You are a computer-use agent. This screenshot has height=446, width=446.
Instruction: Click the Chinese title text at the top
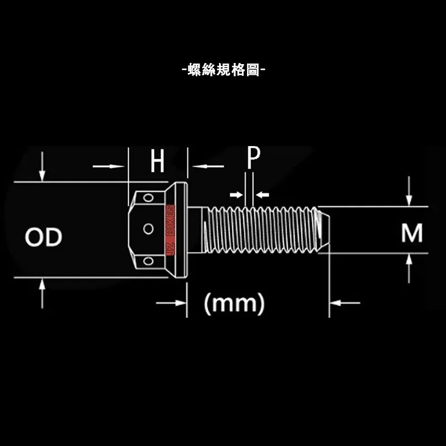coord(224,70)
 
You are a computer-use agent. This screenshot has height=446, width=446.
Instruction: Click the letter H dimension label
coord(157,161)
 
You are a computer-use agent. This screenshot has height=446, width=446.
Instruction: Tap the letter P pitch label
coord(254,157)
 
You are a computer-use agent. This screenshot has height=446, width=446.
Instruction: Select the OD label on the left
coord(43,237)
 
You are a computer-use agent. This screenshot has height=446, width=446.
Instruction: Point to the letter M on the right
coord(412,233)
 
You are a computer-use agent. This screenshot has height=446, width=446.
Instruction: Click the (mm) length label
coord(234,304)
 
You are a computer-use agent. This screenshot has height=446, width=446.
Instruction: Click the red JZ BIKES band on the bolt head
coord(171,230)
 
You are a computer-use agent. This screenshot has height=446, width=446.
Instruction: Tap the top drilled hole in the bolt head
coord(148,197)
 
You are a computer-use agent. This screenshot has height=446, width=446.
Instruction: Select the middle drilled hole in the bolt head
coord(148,229)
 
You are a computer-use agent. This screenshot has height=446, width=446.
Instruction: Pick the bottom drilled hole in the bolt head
coord(148,261)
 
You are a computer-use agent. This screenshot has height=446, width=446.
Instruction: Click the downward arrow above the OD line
coord(42,166)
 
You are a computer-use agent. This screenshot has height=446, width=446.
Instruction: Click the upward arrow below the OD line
coord(42,294)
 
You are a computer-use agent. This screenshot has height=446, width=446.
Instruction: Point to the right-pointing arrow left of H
coord(109,166)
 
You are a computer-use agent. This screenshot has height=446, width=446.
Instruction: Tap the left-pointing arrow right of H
coord(208,166)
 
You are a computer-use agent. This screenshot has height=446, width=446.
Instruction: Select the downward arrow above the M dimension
coord(409,191)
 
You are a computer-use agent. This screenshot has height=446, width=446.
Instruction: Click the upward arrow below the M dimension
coord(409,269)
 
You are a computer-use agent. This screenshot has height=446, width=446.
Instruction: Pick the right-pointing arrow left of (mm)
coord(171,303)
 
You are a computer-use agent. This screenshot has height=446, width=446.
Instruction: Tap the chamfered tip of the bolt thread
coord(324,229)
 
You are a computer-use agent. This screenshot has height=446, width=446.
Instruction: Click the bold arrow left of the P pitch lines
coord(236,195)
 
